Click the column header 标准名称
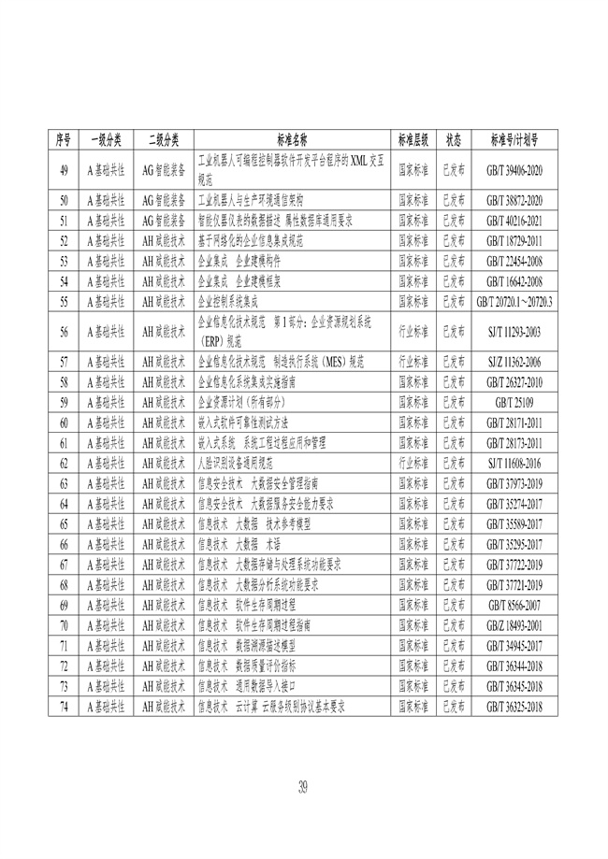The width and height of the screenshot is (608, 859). pyautogui.click(x=294, y=139)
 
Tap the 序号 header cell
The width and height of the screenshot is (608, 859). pyautogui.click(x=64, y=139)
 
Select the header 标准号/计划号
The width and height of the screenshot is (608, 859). pyautogui.click(x=514, y=139)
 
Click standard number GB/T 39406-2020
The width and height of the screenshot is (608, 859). pyautogui.click(x=514, y=170)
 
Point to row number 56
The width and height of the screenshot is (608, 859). pyautogui.click(x=64, y=331)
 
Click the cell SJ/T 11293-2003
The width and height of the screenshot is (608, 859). pyautogui.click(x=514, y=331)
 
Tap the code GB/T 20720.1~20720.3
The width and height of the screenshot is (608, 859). pyautogui.click(x=514, y=301)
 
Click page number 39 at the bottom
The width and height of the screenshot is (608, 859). pyautogui.click(x=303, y=786)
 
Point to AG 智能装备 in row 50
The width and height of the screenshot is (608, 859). pyautogui.click(x=163, y=200)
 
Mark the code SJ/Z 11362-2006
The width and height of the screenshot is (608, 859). pyautogui.click(x=514, y=361)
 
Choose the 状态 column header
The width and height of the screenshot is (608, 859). pyautogui.click(x=453, y=139)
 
